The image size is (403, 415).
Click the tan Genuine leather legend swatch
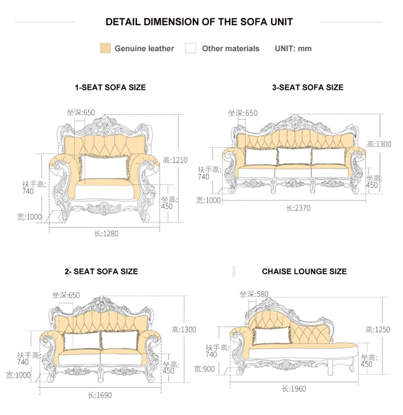coord(105,48)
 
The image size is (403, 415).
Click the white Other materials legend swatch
coord(191,48)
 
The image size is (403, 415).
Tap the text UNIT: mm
coord(293,48)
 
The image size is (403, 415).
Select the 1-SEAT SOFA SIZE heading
coord(110,88)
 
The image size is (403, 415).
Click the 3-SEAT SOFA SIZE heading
coord(307,88)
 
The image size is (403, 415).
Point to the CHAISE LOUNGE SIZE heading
coord(304,271)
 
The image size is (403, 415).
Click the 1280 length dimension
coord(105,233)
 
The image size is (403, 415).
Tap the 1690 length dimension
coord(100,395)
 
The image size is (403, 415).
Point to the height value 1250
coord(378,329)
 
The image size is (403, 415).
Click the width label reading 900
coord(207,369)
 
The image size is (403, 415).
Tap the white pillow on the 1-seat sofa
coord(105,167)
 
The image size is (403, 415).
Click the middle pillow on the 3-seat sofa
coord(292,156)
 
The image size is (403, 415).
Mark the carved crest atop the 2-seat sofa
coord(101,304)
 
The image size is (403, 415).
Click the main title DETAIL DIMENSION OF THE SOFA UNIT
coord(199,22)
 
